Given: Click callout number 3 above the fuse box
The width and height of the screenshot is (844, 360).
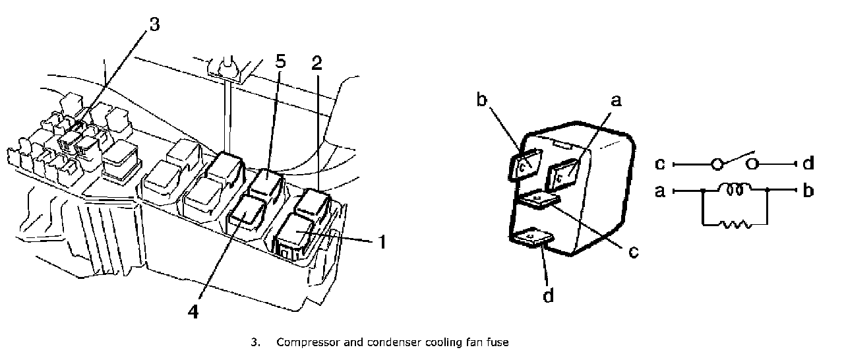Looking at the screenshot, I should point(153,25).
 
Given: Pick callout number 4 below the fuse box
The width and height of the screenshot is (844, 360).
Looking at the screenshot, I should point(194,310).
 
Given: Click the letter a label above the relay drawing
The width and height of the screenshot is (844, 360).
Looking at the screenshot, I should point(616,100).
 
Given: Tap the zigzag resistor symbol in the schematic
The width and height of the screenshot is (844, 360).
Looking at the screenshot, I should point(736,224).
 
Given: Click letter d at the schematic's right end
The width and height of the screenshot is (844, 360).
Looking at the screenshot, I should point(808,162).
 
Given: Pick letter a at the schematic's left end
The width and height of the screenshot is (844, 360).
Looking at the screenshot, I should point(660,191).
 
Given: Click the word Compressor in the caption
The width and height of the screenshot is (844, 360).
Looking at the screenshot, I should point(305,343).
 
